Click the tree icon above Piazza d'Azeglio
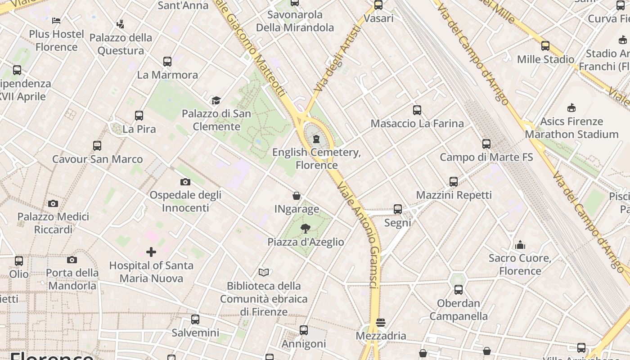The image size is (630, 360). coord(306,228)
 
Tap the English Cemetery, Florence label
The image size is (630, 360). coord(316,159)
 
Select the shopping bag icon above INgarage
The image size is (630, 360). coord(297,196)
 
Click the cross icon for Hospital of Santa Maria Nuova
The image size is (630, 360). coord(151,252)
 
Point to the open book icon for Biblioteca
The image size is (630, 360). coord(264,272)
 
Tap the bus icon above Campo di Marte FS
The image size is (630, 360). coord(486,144)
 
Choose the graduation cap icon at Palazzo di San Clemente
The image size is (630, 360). coord(216,100)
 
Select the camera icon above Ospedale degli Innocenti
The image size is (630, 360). coord(185,182)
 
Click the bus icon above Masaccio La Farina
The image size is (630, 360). coord(417,110)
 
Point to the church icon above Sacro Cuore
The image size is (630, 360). coord(520,245)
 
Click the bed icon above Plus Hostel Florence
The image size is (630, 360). coord(56,21)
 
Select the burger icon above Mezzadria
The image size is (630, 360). coord(381,322)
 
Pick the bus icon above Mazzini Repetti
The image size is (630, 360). coord(454,182)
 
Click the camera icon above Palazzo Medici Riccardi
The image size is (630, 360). coord(53,203)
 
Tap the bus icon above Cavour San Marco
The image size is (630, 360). coord(97,146)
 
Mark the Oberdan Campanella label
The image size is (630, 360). coord(459,310)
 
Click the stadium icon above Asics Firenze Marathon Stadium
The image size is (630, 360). coord(571,108)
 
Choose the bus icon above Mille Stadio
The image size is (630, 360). coord(545,46)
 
